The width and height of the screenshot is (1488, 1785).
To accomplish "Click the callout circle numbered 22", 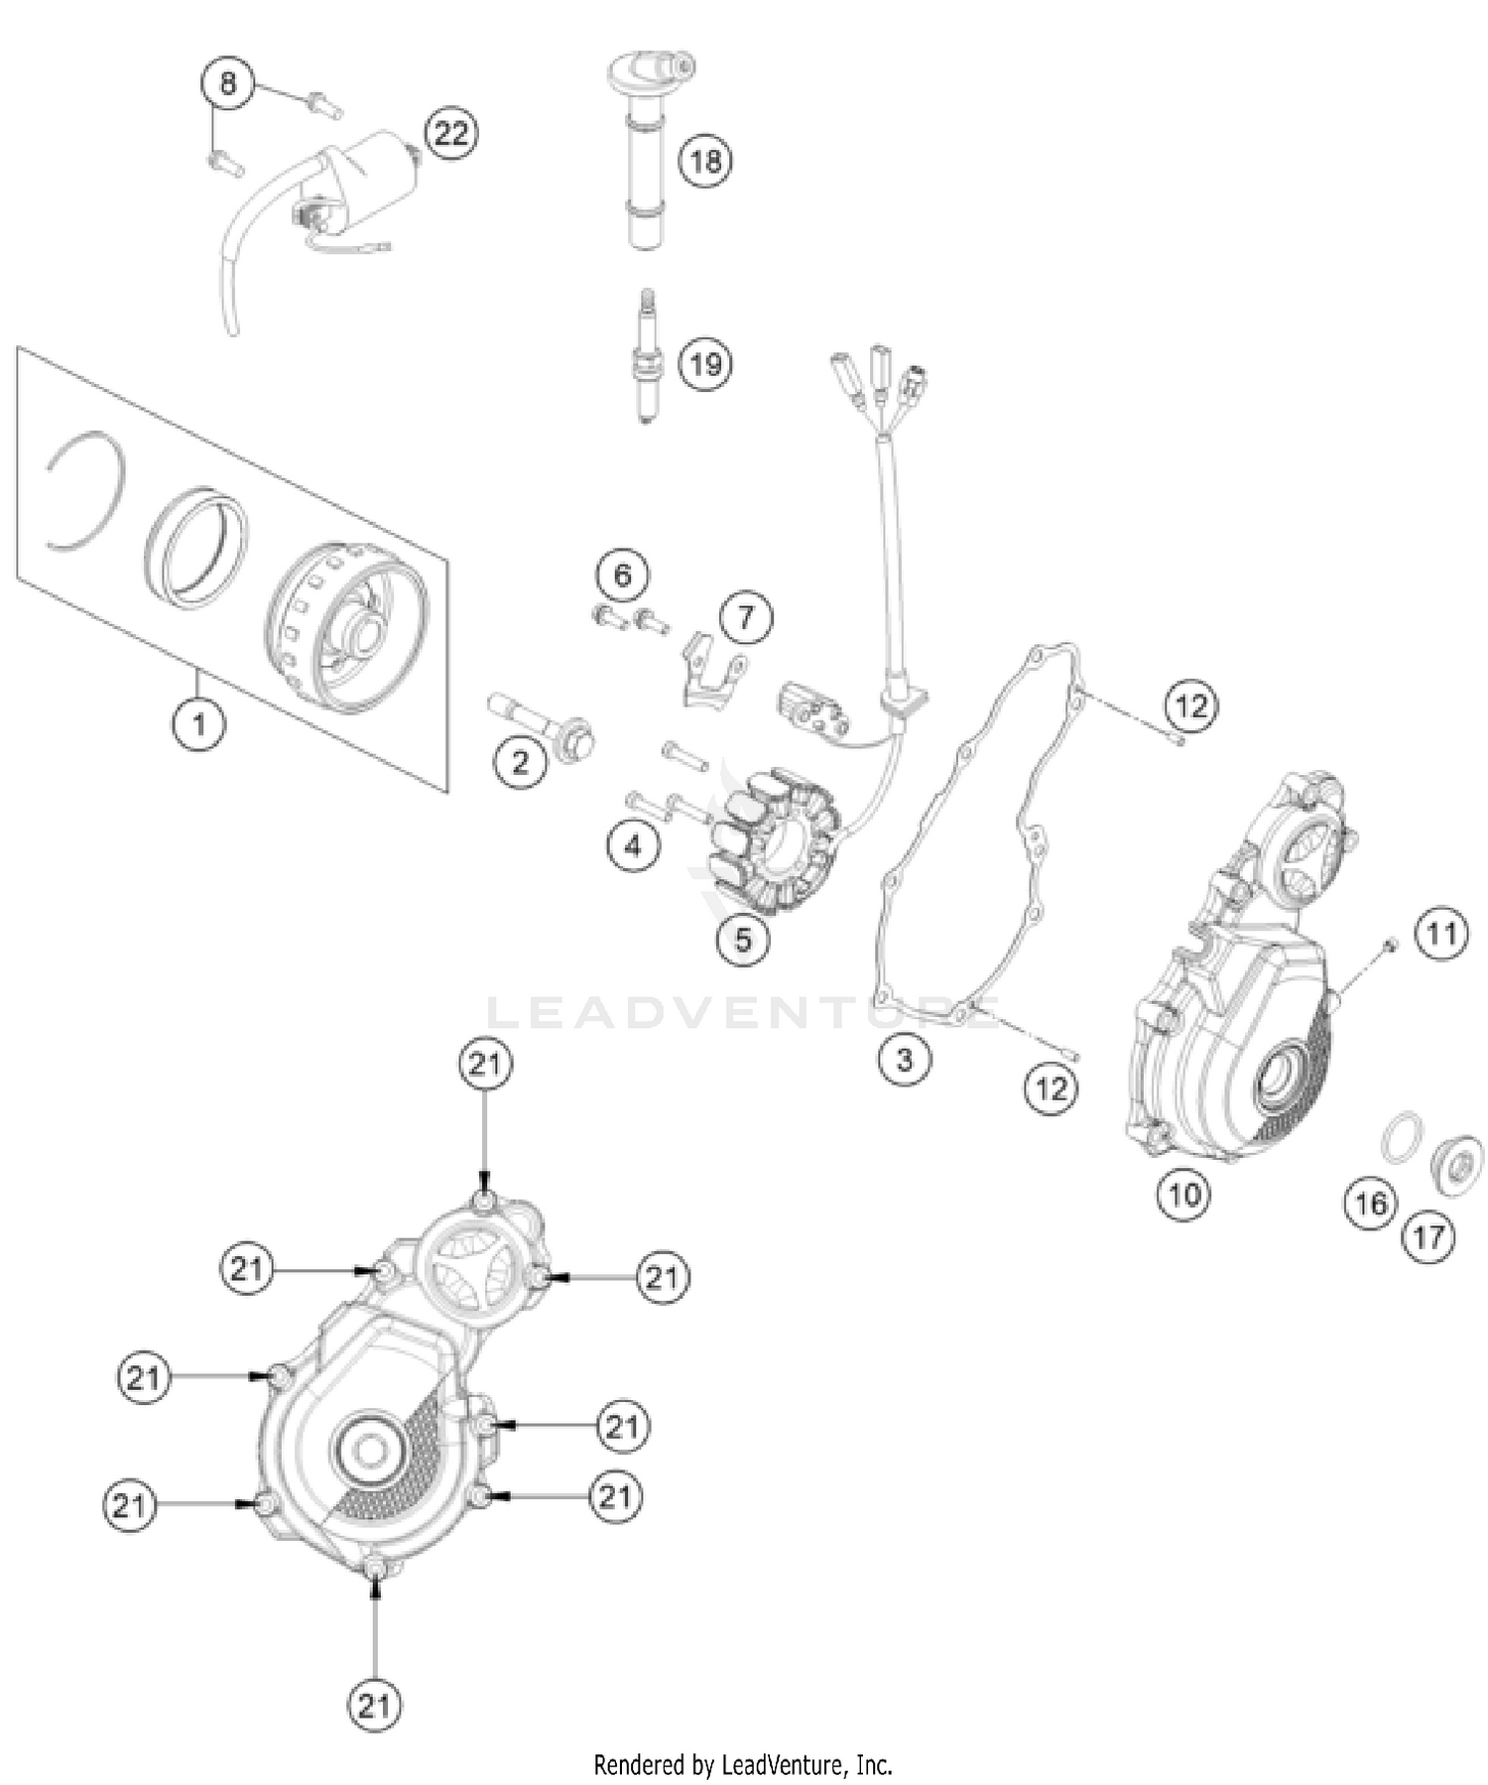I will [450, 133].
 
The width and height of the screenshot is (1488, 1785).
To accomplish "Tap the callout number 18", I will [705, 161].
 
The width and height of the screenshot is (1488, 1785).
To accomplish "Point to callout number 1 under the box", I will [198, 723].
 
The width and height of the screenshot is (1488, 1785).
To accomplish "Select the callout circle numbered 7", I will [745, 618].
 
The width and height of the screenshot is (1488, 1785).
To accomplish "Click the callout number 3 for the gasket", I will [904, 1059].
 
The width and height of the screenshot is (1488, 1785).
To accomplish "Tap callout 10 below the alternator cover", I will [1184, 1194].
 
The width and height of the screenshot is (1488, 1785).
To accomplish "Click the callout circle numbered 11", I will [1440, 934].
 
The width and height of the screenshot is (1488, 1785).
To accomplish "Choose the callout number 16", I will [1371, 1204].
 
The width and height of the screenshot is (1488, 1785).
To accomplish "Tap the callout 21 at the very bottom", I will [374, 1706].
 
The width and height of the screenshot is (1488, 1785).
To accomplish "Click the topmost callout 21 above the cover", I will [485, 1065].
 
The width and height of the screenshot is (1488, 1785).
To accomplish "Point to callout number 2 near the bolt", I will [520, 762].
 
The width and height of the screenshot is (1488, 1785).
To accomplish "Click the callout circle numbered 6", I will [622, 574].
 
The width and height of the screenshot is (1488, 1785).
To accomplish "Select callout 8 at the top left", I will [228, 83].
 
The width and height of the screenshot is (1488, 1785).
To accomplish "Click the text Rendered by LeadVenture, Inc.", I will [743, 1765].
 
